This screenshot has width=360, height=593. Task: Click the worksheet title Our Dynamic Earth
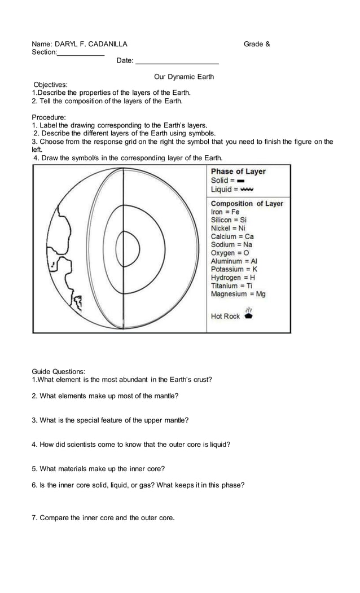pos(184,77)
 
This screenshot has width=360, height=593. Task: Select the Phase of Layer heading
pos(238,172)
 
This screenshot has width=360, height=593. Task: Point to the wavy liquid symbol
pos(247,189)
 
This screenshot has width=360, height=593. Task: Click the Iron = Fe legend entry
pos(225,212)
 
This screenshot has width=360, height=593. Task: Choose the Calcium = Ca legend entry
pos(232,236)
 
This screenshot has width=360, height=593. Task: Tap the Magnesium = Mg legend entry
pos(238,294)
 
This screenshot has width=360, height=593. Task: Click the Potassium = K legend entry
pos(234,269)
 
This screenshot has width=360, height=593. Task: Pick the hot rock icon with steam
pos(248,314)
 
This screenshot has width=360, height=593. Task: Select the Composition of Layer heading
pos(247,203)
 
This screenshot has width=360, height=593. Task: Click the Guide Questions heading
pos(59,371)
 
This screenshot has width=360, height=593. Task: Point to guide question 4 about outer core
pos(131,445)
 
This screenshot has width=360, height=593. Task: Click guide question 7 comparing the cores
pos(103,518)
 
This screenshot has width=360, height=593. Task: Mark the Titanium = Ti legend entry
pos(231,285)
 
